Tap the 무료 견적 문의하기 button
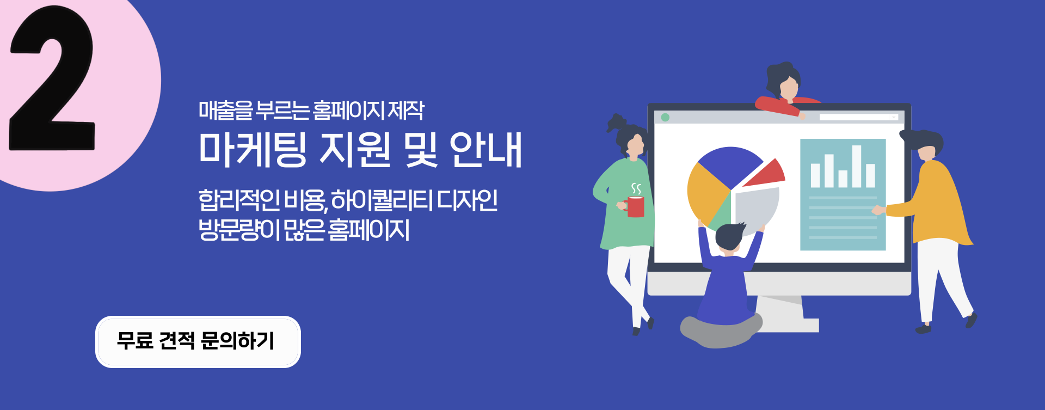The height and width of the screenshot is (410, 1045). click(x=198, y=342)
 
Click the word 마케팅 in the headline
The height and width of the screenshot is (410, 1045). click(x=253, y=149)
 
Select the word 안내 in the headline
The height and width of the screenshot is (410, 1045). click(x=486, y=149)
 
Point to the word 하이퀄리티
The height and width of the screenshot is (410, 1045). click(x=382, y=200)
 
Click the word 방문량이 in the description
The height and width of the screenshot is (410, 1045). click(x=239, y=229)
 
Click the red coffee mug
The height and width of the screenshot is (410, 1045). click(x=635, y=207)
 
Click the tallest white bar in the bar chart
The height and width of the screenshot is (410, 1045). click(x=857, y=166)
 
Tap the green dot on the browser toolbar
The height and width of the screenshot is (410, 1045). click(x=665, y=117)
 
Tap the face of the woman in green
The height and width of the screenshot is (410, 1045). click(x=635, y=145)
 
